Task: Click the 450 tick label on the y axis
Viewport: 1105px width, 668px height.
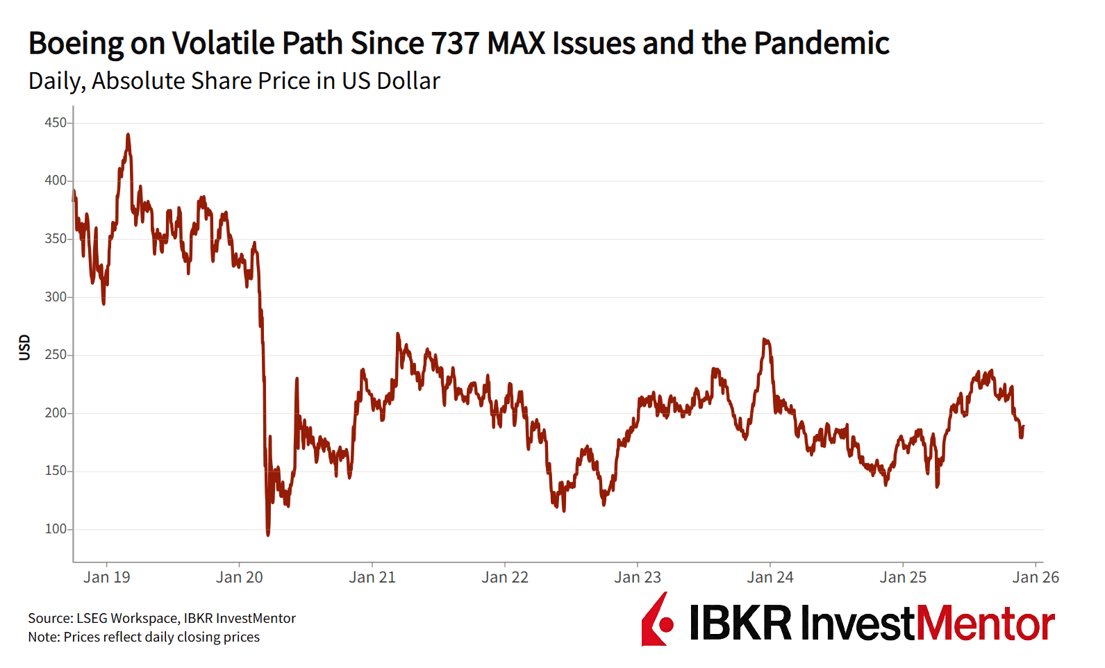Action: [56, 123]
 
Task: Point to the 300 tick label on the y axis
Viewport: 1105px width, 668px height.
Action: [56, 297]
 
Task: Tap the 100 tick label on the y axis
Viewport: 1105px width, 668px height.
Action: [56, 529]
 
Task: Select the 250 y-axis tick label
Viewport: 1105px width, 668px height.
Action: [56, 355]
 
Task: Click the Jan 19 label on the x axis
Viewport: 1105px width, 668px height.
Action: [106, 577]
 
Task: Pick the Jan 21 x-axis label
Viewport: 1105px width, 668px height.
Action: [372, 577]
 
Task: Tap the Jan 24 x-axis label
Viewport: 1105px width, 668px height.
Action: [770, 577]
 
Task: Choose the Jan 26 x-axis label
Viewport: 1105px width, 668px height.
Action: [1036, 577]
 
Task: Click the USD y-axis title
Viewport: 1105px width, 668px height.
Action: [25, 347]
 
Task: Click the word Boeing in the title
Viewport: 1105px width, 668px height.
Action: [76, 43]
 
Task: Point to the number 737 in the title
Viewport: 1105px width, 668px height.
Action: [456, 43]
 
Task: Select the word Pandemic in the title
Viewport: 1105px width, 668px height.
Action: [822, 43]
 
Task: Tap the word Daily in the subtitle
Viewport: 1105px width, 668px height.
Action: [56, 81]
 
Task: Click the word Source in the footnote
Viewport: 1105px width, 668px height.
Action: [50, 618]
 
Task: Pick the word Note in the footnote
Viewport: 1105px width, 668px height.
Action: [44, 637]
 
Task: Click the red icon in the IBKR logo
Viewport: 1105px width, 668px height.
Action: [657, 620]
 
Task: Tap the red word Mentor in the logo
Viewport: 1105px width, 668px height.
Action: [986, 623]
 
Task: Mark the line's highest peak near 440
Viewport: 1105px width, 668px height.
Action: [128, 135]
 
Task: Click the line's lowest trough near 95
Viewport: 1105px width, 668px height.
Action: [268, 534]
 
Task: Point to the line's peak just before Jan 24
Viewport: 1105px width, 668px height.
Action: [764, 340]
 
